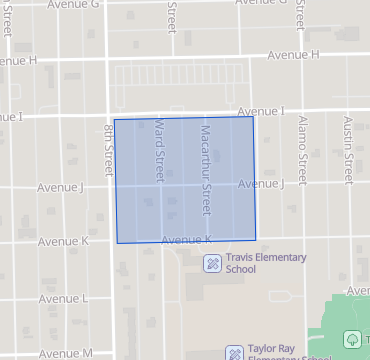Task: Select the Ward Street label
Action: pyautogui.click(x=158, y=150)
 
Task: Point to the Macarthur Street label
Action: pyautogui.click(x=206, y=170)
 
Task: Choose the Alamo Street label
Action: pyautogui.click(x=299, y=140)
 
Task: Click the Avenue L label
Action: pyautogui.click(x=63, y=299)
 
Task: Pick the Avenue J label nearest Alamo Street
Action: pyautogui.click(x=261, y=184)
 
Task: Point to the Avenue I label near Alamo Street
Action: pyautogui.click(x=261, y=110)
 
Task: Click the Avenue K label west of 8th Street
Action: pyautogui.click(x=63, y=242)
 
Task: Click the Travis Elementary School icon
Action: pyautogui.click(x=212, y=263)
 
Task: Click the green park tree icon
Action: pyautogui.click(x=352, y=340)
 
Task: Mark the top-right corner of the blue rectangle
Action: pyautogui.click(x=252, y=117)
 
